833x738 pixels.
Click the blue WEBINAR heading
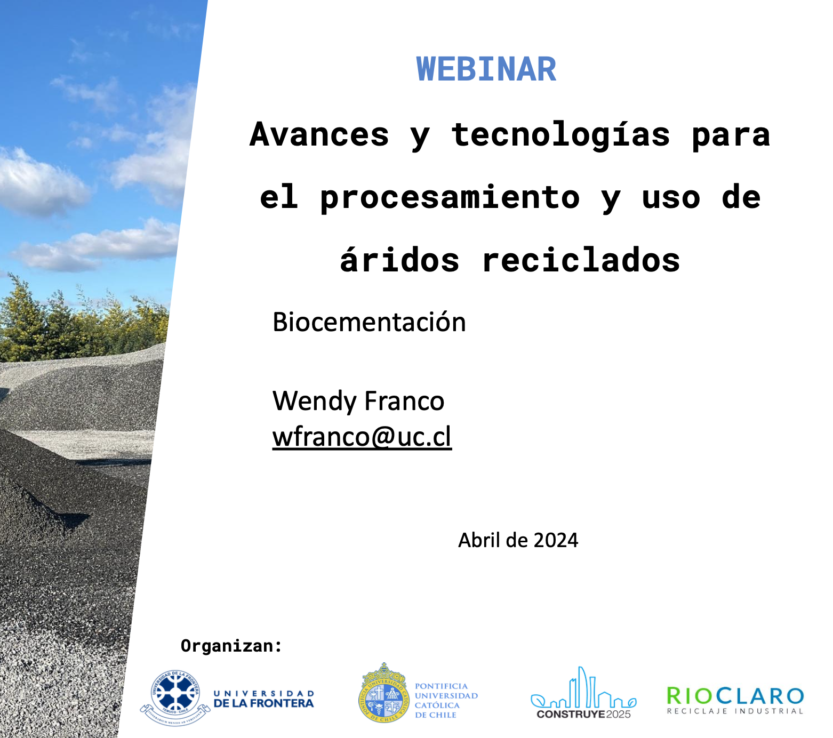pyautogui.click(x=486, y=69)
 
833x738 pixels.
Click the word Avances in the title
pyautogui.click(x=319, y=134)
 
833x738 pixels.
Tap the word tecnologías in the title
pyautogui.click(x=560, y=134)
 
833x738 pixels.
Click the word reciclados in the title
pyautogui.click(x=581, y=260)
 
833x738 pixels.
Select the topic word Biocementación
pyautogui.click(x=369, y=322)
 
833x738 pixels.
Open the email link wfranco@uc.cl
pyautogui.click(x=362, y=437)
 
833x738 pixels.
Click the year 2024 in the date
pyautogui.click(x=556, y=540)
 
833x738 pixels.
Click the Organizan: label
pyautogui.click(x=231, y=646)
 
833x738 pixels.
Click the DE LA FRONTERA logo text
pyautogui.click(x=263, y=703)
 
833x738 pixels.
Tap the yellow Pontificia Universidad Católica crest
pyautogui.click(x=383, y=693)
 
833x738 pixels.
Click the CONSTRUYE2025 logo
pyautogui.click(x=583, y=693)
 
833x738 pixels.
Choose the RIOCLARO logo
pyautogui.click(x=735, y=696)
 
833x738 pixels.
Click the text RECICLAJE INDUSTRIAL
pyautogui.click(x=735, y=711)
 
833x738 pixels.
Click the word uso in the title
pyautogui.click(x=671, y=198)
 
